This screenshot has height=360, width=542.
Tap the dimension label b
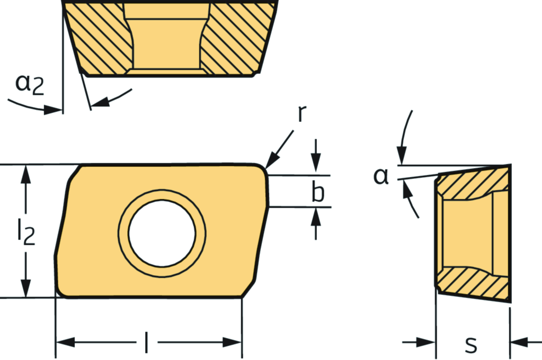(317, 193)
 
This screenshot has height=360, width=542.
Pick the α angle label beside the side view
(381, 176)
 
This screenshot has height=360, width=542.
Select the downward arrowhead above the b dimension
(316, 166)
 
